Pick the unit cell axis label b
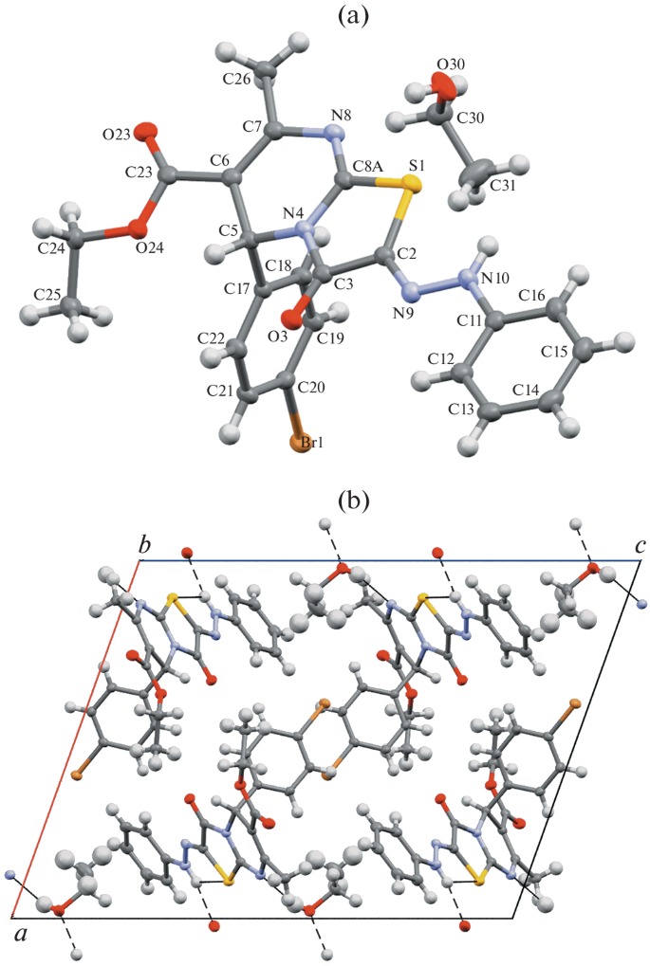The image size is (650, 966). coord(144,546)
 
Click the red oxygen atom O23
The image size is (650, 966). coord(145,133)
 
